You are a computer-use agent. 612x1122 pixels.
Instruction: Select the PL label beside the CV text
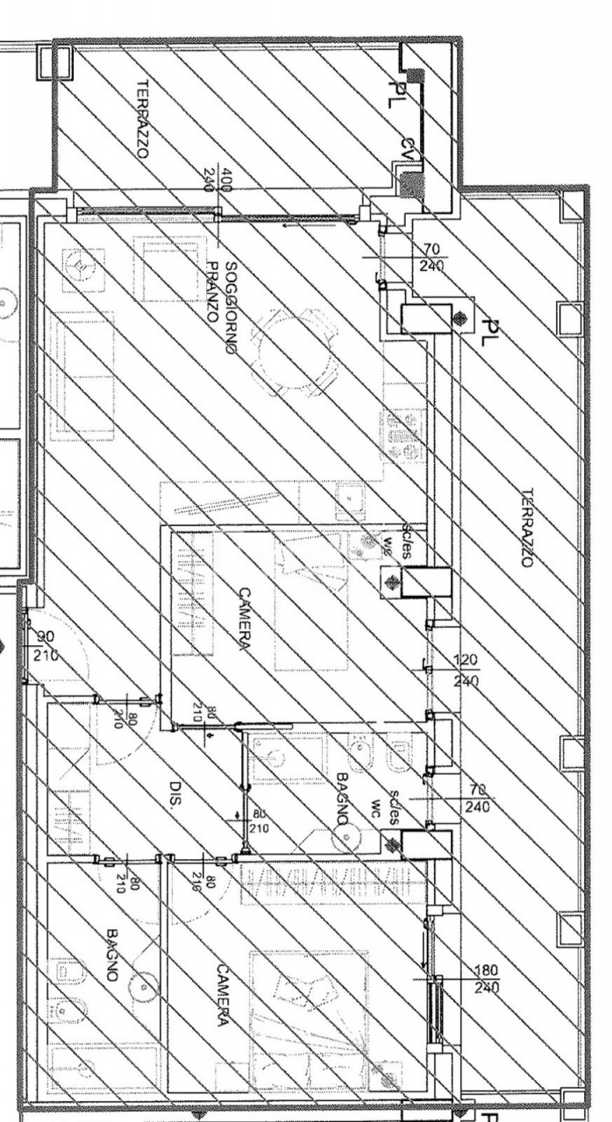pyautogui.click(x=395, y=92)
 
